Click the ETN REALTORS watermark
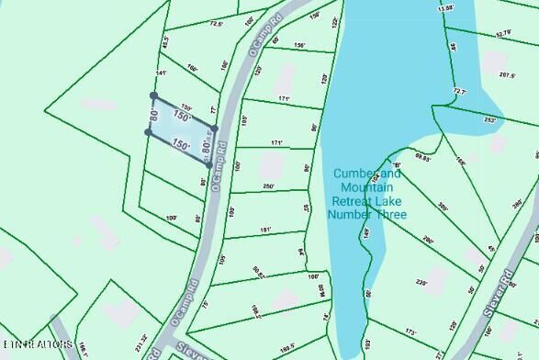coord(37,344)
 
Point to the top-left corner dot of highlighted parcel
coord(153,95)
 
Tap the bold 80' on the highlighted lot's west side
coord(154,116)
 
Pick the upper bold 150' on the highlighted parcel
coord(182,118)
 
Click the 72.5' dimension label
coord(217,25)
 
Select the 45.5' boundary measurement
coord(165,42)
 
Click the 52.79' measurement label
coord(502,33)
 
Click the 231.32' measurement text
coord(140,341)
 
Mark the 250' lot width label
coord(268,186)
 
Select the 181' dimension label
coord(265,230)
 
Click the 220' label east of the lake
coord(422,283)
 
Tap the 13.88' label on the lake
coord(446,7)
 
